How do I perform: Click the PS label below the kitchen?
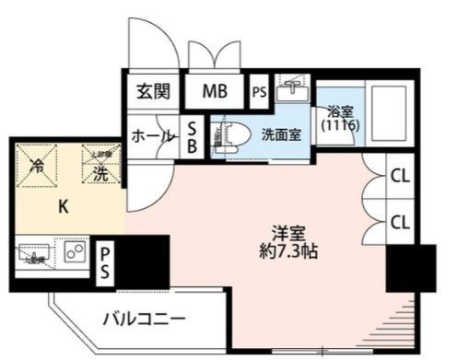(x=107, y=261)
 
